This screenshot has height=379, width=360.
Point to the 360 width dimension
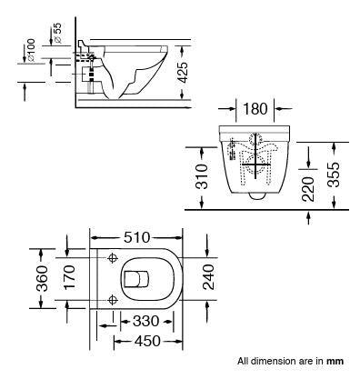click(40, 278)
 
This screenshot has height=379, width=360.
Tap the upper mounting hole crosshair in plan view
click(112, 259)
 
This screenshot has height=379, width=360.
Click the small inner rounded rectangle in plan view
click(137, 278)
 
